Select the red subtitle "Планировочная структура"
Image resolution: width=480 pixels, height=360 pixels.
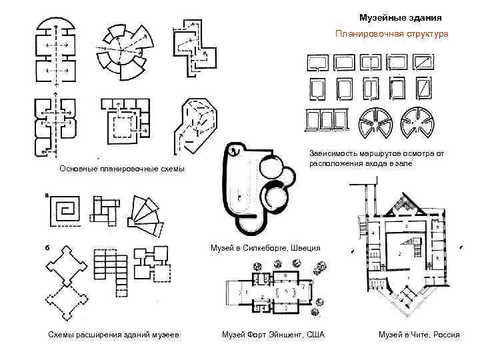click(x=392, y=33)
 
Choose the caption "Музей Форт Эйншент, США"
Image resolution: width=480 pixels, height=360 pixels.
click(x=273, y=334)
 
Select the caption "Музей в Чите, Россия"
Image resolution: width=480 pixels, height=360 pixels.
click(x=419, y=334)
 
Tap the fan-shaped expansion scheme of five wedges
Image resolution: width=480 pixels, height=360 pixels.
click(x=145, y=215)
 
